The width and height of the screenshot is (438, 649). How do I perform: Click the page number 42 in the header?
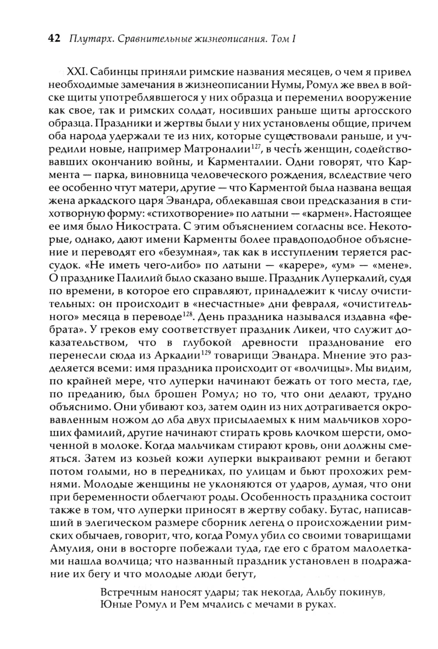point(54,39)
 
